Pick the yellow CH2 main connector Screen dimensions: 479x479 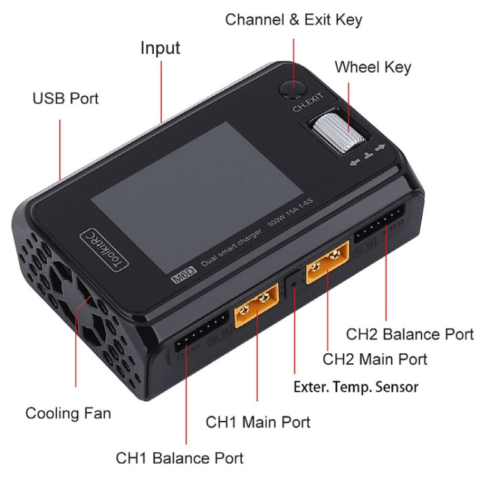[328, 264]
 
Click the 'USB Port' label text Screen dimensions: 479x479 [66, 100]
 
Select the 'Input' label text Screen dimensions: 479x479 [160, 49]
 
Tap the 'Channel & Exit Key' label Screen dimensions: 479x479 [293, 20]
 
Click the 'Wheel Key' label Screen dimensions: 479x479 [373, 67]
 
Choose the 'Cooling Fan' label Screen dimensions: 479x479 [68, 413]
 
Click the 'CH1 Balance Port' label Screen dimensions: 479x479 [179, 458]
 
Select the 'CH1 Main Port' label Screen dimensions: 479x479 [258, 422]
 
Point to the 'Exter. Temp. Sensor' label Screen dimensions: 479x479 [356, 386]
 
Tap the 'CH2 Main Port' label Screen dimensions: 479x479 [375, 359]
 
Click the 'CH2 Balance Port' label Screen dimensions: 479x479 [410, 334]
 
